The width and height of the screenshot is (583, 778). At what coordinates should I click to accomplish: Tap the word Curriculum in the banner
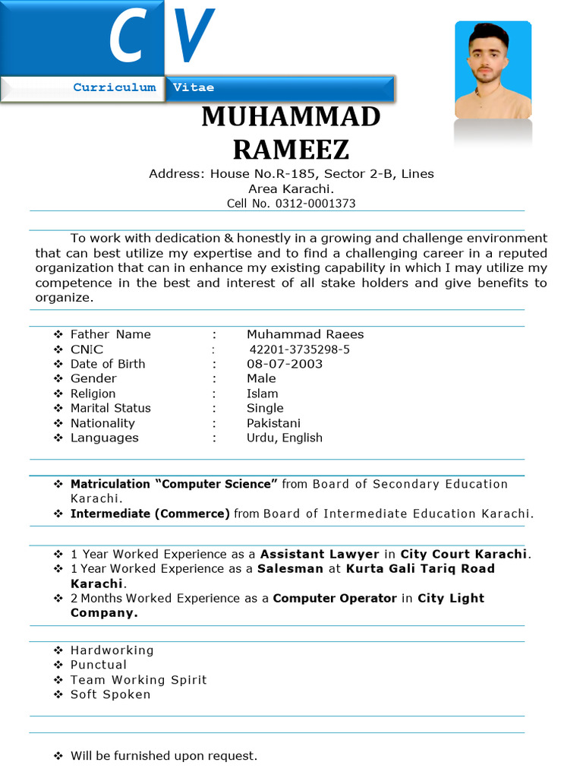click(x=115, y=87)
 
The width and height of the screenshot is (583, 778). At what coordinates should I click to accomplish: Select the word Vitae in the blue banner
click(x=194, y=87)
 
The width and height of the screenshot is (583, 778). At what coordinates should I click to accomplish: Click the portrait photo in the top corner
click(x=493, y=70)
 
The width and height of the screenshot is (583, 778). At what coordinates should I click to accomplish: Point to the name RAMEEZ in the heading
click(x=291, y=150)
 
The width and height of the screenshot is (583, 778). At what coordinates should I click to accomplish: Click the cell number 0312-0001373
click(x=315, y=204)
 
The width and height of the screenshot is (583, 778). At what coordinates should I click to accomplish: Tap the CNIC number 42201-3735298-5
click(x=300, y=349)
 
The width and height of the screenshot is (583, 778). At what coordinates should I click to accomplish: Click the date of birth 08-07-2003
click(x=285, y=364)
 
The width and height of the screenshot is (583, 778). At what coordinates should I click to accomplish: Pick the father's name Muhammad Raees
click(x=305, y=334)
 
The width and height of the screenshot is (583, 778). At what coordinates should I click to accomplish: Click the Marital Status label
click(x=111, y=408)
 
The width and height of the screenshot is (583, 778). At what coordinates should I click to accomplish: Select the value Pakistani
click(x=273, y=423)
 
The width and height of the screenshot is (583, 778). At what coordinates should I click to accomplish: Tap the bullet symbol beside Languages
click(x=58, y=438)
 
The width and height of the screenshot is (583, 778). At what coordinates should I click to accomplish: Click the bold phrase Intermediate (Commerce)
click(x=150, y=514)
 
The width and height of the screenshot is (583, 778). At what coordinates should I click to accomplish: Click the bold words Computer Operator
click(x=335, y=598)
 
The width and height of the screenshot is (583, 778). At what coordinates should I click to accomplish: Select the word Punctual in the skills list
click(x=99, y=665)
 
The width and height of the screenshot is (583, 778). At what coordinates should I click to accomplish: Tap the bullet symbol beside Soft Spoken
click(x=58, y=694)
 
